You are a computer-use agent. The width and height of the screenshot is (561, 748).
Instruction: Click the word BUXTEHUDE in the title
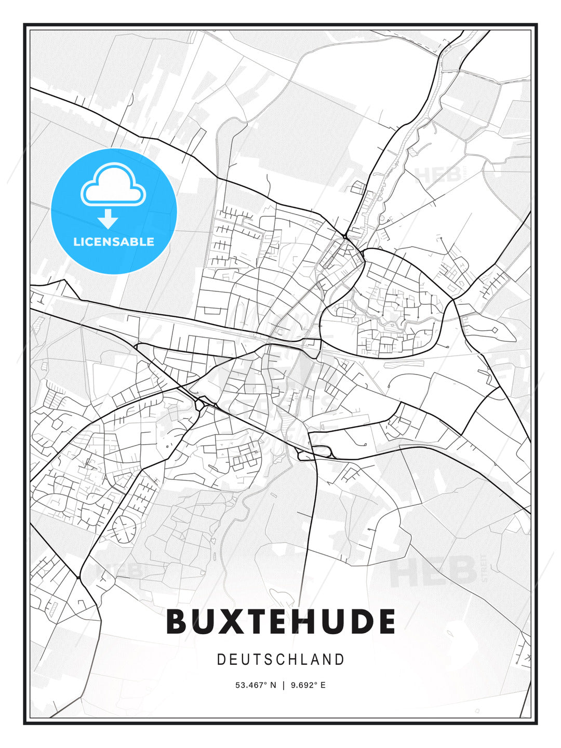coord(280,621)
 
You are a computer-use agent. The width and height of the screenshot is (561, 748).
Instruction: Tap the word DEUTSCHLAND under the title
coord(280,660)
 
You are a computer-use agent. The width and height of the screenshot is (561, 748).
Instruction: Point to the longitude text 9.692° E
coord(308,685)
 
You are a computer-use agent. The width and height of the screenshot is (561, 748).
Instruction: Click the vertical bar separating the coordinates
coord(284,685)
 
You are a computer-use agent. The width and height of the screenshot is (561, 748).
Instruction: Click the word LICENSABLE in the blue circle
coord(114,242)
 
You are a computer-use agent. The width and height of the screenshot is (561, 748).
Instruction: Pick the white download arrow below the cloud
coord(108,219)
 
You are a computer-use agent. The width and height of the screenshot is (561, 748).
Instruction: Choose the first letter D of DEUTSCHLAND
coord(221,660)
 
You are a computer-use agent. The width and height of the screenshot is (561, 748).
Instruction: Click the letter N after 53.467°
coord(273,685)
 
